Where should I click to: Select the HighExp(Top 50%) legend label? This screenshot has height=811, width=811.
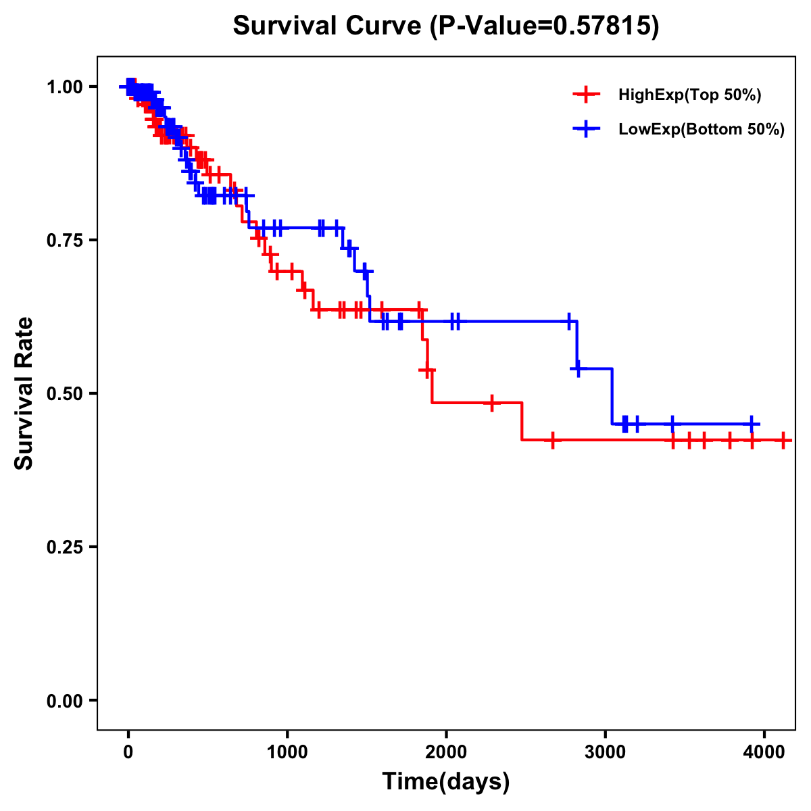(x=690, y=95)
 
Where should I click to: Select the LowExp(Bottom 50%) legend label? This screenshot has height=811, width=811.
(x=702, y=130)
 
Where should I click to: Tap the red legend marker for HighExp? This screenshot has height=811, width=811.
(x=586, y=95)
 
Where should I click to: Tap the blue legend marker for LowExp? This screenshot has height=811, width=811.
(x=586, y=129)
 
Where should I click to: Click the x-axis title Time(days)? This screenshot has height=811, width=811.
(x=446, y=782)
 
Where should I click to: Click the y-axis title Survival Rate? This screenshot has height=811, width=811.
(x=24, y=393)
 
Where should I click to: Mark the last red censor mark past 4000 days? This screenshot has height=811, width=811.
(x=783, y=441)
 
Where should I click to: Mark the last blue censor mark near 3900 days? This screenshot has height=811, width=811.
(x=752, y=424)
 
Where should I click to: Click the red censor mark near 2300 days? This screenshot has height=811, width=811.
(x=492, y=403)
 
